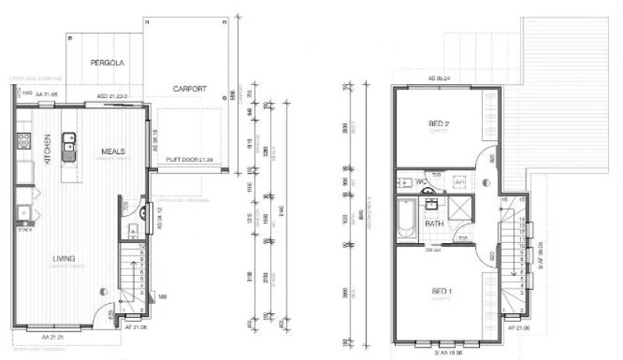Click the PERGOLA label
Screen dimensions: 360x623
[x=107, y=62]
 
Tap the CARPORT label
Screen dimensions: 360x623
[x=190, y=89]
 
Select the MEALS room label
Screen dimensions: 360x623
[x=114, y=150]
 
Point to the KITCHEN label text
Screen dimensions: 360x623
[x=47, y=147]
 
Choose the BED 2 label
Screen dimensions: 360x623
[x=440, y=124]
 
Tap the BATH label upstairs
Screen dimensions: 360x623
[x=434, y=224]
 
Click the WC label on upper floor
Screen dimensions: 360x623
[x=421, y=182]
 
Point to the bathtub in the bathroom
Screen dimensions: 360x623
[x=407, y=219]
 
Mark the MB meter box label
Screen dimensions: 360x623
[x=161, y=296]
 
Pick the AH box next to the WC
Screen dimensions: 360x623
[x=459, y=180]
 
